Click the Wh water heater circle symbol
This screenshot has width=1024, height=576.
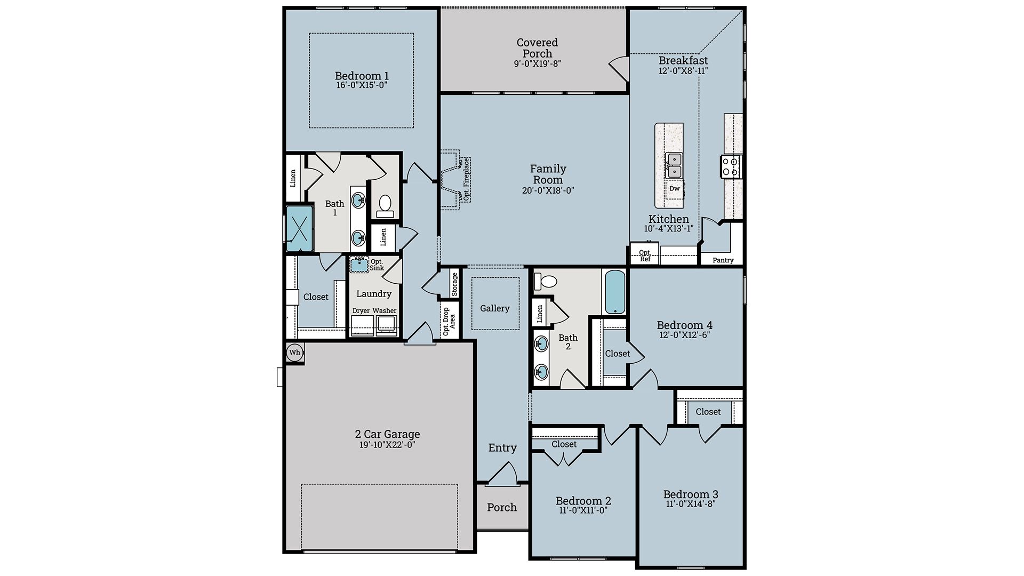pyautogui.click(x=294, y=353)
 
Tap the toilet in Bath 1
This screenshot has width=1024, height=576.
pyautogui.click(x=385, y=206)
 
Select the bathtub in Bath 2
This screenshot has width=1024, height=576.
pyautogui.click(x=615, y=292)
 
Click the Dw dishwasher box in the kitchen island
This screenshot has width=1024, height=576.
pyautogui.click(x=675, y=189)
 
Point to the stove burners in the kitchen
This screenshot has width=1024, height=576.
pyautogui.click(x=731, y=166)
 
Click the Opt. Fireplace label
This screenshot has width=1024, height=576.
pyautogui.click(x=466, y=179)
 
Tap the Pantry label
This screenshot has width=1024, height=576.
pyautogui.click(x=723, y=260)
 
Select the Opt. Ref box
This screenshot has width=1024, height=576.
pyautogui.click(x=644, y=255)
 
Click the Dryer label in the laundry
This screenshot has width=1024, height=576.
pyautogui.click(x=361, y=311)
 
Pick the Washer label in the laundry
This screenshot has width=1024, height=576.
pyautogui.click(x=385, y=311)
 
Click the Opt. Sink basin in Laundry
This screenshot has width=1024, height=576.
pyautogui.click(x=359, y=265)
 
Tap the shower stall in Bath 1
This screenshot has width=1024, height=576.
pyautogui.click(x=299, y=228)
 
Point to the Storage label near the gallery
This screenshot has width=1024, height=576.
pyautogui.click(x=454, y=284)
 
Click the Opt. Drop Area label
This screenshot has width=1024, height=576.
pyautogui.click(x=449, y=321)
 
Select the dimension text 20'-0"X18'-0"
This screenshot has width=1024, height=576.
pyautogui.click(x=548, y=190)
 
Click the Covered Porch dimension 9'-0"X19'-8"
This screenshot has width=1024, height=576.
pyautogui.click(x=537, y=63)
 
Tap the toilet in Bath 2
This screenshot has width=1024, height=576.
pyautogui.click(x=546, y=281)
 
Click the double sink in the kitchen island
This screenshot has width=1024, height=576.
pyautogui.click(x=674, y=165)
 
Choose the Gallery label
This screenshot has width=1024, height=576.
pyautogui.click(x=494, y=308)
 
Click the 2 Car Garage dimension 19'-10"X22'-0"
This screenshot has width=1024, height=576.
pyautogui.click(x=387, y=445)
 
